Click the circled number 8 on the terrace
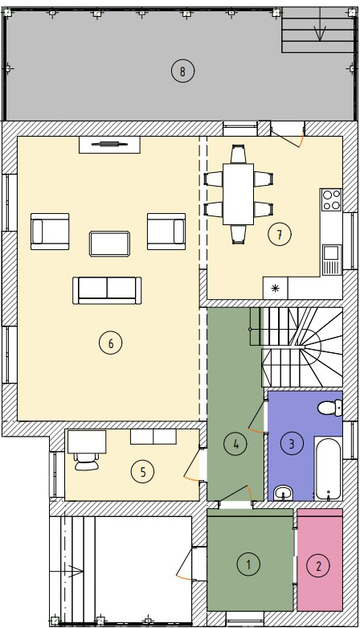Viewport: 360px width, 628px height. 182,72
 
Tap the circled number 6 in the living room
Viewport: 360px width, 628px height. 111,343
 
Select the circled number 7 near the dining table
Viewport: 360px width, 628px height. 280,234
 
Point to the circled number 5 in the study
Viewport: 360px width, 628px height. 143,472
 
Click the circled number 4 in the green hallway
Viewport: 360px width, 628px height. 236,444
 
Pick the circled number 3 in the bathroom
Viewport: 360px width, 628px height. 292,443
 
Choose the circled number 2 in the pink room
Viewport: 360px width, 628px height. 319,566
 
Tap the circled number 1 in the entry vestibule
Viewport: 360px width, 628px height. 248,564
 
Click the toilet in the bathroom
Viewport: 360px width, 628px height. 330,408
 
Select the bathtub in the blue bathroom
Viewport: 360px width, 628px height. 328,469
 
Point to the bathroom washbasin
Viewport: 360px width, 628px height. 284,494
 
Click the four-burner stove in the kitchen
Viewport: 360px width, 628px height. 331,200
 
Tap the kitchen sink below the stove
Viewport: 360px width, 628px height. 331,260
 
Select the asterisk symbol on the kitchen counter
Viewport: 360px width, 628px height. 275,289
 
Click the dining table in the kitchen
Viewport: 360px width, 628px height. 239,194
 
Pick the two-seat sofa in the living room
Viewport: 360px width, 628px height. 107,290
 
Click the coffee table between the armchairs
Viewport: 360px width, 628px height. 110,244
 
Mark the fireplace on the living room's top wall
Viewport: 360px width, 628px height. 109,144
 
